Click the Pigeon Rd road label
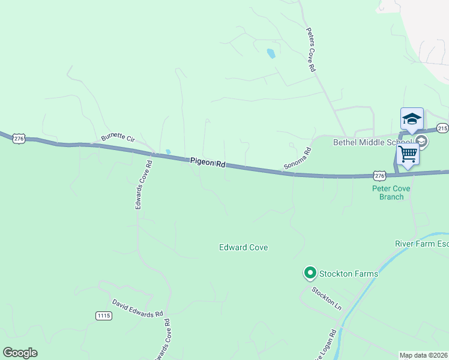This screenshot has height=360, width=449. tap(207, 162)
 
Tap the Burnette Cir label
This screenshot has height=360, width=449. tap(118, 138)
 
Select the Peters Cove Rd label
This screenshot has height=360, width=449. tap(310, 50)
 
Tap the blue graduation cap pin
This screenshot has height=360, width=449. tap(412, 118)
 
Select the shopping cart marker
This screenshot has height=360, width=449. tap(408, 154)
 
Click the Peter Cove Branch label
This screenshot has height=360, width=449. tap(391, 192)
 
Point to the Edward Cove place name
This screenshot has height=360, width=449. tap(243, 247)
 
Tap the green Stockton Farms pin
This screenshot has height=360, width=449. tap(310, 274)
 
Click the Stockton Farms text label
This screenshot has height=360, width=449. tap(349, 274)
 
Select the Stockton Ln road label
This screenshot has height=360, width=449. tap(326, 298)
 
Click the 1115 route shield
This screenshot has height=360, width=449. tap(103, 315)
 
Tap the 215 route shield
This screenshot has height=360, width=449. tap(442, 128)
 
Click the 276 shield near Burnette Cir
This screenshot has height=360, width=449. tap(19, 138)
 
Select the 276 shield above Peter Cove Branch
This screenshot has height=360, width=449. tap(379, 175)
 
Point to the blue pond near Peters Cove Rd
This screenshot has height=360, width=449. tap(271, 53)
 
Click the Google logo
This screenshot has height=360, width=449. tap(20, 353)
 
